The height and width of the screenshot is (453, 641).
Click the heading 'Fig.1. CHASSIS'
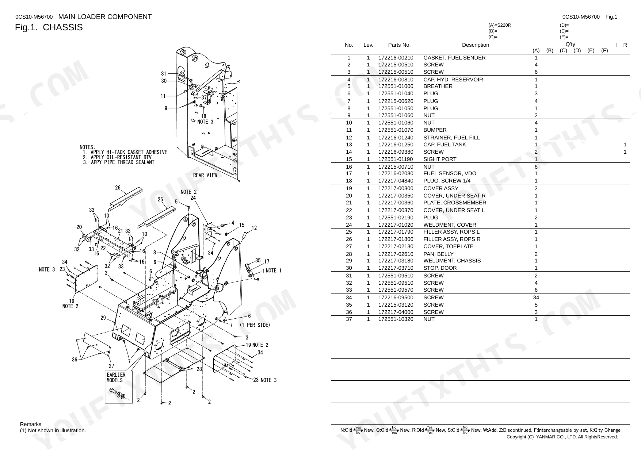pos(49,27)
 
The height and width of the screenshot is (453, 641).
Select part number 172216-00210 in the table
pos(396,58)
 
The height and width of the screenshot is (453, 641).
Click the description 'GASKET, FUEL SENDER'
pos(454,58)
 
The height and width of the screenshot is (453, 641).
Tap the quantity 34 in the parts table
pos(536,297)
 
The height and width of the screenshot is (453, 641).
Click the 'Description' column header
pos(475,45)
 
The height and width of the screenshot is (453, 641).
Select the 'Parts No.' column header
pos(399,45)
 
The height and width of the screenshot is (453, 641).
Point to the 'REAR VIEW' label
pos(205,175)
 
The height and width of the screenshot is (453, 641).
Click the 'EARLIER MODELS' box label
pos(116,377)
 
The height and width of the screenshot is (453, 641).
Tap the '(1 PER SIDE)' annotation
pos(255,325)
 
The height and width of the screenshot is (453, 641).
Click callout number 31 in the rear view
pos(164,74)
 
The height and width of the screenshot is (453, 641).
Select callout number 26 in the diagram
pos(118,188)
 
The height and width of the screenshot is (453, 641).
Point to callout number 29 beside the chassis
pos(103,318)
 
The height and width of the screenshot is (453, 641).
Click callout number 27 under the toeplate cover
pos(111,366)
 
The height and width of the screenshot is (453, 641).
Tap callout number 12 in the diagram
pos(254,228)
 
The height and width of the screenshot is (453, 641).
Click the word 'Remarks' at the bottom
pos(31,424)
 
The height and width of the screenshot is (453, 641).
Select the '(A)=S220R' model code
pos(500,25)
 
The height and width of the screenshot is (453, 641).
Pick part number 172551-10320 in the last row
pos(396,319)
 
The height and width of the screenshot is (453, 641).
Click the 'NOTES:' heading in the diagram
pos(87,147)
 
